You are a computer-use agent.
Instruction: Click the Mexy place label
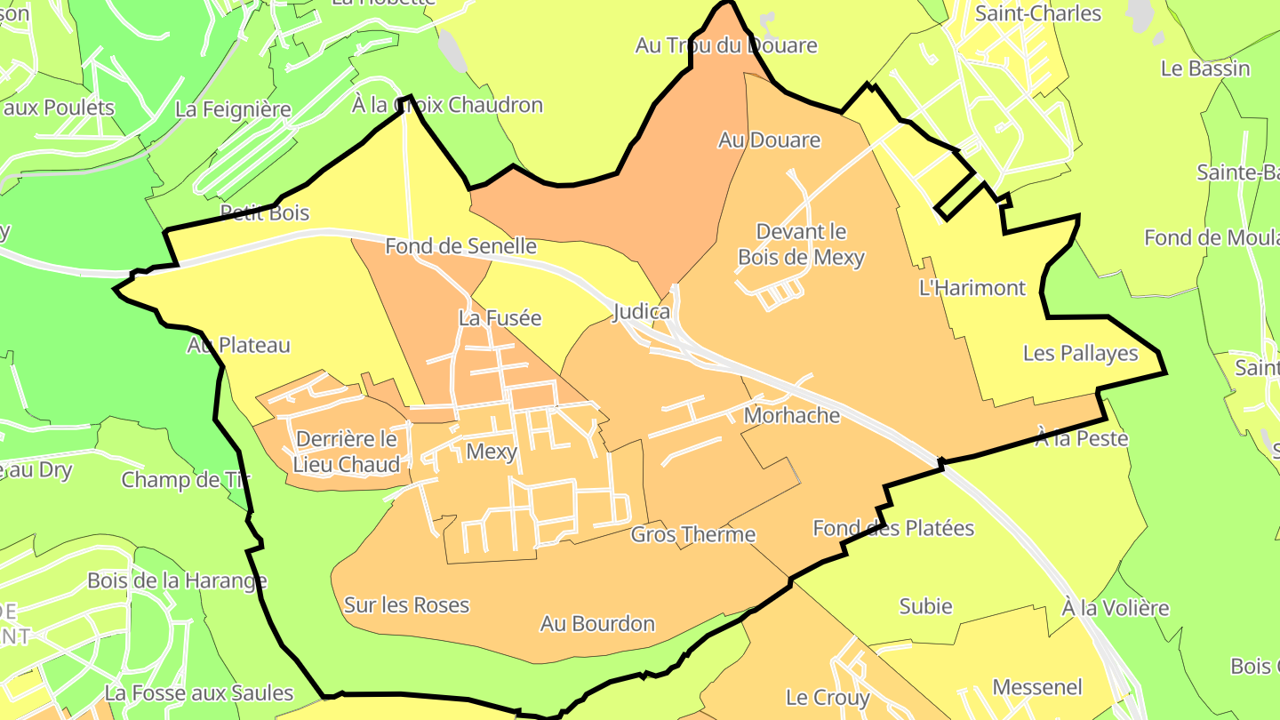492,452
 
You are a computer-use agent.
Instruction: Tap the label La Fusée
500,317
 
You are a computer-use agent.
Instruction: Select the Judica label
641,312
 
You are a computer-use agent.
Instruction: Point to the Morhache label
791,415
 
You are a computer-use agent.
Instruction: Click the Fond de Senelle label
460,246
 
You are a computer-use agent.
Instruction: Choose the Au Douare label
769,140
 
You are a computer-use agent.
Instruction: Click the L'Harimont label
972,288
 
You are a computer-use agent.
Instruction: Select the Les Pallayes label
1080,354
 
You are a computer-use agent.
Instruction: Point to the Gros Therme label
692,534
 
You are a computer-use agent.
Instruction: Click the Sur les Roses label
406,605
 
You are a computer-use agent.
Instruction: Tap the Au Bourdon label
597,624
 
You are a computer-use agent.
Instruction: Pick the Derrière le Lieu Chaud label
347,452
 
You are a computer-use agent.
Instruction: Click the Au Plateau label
239,346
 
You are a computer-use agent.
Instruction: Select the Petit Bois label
265,212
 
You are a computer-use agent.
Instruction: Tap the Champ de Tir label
186,480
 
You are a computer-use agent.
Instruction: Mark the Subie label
925,606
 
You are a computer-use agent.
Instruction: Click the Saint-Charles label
1037,13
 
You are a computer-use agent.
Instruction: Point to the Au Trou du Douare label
725,45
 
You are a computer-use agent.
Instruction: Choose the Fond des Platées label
893,528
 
